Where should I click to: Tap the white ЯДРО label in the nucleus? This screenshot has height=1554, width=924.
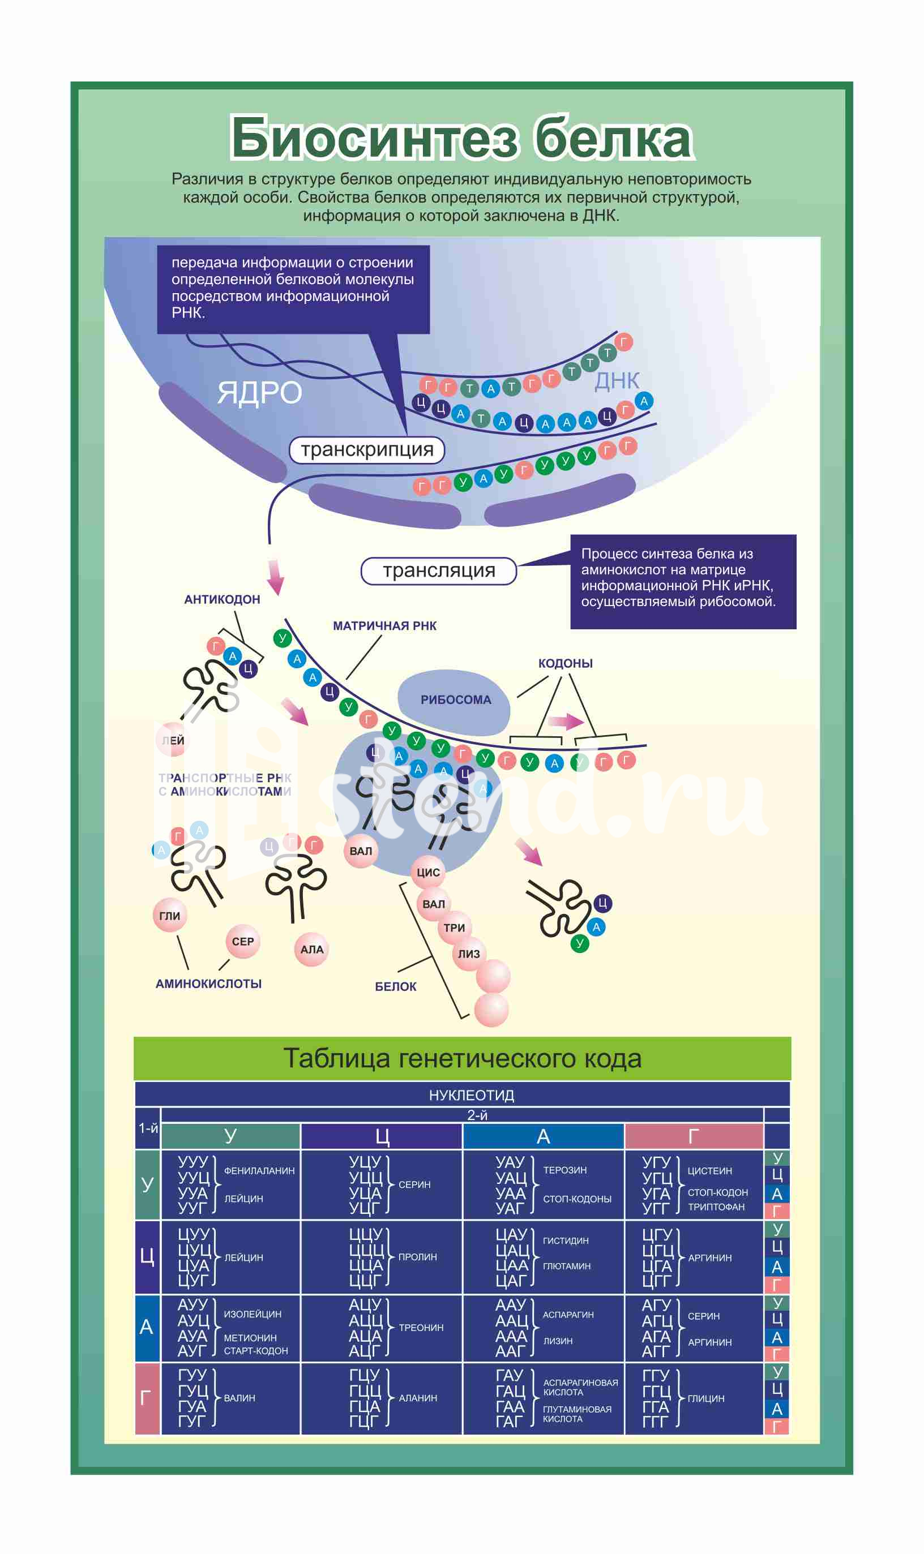[x=260, y=393]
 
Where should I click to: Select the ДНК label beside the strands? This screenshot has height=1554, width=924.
[x=617, y=381]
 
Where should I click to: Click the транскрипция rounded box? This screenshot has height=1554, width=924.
[x=367, y=449]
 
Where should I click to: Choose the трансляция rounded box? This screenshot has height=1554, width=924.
[x=438, y=570]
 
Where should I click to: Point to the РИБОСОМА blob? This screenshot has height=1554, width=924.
[x=455, y=700]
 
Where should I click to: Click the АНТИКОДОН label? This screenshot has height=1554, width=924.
[x=222, y=599]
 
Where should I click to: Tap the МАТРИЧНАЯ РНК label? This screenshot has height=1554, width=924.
[x=384, y=625]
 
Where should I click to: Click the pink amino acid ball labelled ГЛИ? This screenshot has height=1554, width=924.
[x=169, y=916]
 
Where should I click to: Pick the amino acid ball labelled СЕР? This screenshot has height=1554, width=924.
[x=242, y=942]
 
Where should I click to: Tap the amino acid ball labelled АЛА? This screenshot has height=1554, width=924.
[x=311, y=950]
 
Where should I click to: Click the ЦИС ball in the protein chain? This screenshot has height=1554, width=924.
[x=428, y=873]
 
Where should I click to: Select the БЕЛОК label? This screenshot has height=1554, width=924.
[x=395, y=986]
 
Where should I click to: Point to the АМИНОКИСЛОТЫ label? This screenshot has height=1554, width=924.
[x=208, y=984]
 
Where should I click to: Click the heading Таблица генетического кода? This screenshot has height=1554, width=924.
[x=462, y=1059]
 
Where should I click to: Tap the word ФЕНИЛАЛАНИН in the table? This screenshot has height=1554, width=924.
[x=259, y=1171]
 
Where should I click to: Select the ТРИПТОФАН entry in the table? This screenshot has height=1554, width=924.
[x=716, y=1207]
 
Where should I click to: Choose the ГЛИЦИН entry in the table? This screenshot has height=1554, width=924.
[x=705, y=1398]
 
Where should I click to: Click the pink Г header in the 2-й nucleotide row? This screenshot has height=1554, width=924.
[x=693, y=1136]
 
